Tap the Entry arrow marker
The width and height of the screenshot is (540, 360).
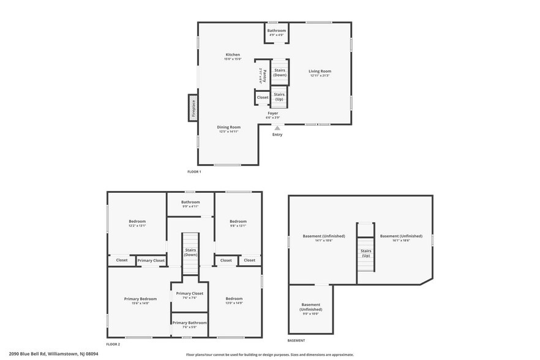[x=277, y=129]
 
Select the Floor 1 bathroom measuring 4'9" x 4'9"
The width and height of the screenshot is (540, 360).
[x=276, y=32]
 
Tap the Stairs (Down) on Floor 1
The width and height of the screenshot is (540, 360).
[x=280, y=72]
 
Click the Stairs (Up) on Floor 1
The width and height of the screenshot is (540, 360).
[x=279, y=97]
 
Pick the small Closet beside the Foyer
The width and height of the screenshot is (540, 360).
[x=262, y=97]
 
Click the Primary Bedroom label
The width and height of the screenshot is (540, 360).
[x=140, y=300]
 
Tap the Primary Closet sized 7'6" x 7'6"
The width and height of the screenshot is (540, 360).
[x=189, y=295]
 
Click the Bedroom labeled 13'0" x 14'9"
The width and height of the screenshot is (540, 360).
[x=234, y=300]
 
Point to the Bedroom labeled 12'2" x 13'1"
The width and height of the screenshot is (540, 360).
[x=137, y=223]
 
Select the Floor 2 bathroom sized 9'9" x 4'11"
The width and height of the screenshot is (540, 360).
[x=190, y=204]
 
